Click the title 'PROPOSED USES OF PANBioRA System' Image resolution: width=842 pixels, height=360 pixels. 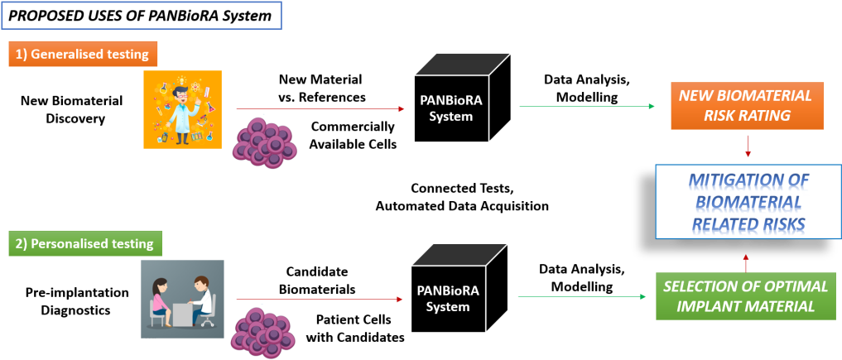coord(142,16)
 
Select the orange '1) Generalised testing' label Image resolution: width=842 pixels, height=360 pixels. coord(84,55)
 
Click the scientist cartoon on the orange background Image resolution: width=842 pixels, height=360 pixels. coord(182,109)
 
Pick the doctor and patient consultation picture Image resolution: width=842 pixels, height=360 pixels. coord(182,299)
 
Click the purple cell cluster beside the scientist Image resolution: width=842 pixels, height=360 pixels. coord(264,142)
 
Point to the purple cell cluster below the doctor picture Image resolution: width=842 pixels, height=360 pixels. coord(264,332)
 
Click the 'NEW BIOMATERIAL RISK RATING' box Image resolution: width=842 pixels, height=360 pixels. coord(748,105)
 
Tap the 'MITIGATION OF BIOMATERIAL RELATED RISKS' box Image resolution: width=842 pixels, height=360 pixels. coord(748,202)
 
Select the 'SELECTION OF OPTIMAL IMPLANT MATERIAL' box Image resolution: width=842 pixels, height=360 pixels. coord(748,296)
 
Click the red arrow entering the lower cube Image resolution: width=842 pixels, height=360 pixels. coord(322,300)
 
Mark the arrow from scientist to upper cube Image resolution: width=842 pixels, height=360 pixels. coord(323,108)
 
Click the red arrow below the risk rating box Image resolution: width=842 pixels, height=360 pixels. coord(748,146)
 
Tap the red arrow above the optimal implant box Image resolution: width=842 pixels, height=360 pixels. coord(746,262)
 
